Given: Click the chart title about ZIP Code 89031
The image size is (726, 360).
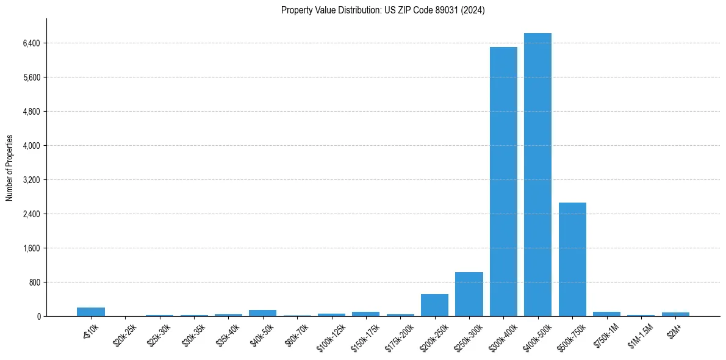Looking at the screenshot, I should [383, 10].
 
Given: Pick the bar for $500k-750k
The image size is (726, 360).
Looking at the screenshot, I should [572, 259].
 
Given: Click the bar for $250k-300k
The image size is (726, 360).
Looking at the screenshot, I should [469, 294].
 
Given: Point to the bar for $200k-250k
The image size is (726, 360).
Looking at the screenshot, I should [434, 305].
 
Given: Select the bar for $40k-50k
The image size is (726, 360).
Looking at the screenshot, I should [262, 313].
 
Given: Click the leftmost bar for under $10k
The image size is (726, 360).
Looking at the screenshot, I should [91, 312].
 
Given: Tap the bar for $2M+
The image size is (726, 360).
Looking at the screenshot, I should [675, 314].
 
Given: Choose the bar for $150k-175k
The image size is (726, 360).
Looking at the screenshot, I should [365, 314].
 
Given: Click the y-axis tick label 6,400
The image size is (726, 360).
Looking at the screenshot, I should [31, 43].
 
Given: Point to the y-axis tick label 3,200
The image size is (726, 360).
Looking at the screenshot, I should [31, 180].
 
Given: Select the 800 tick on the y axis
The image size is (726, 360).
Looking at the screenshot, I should [34, 283].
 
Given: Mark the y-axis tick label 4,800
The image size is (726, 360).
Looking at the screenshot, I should [31, 112].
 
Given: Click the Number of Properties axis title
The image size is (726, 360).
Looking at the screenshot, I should [10, 168].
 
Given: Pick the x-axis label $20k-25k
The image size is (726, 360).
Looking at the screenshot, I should [124, 334].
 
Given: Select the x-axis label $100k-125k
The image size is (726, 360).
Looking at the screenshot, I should [329, 336].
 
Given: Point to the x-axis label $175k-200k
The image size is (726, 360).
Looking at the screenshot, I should [398, 336].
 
